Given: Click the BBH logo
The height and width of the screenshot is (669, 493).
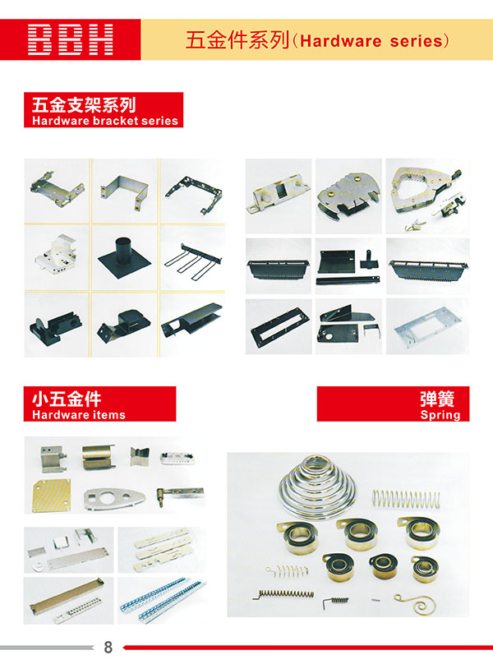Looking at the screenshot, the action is (x=71, y=39).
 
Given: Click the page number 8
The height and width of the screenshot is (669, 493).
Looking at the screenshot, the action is (x=108, y=648).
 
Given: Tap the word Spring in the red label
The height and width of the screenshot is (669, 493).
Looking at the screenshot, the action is (x=440, y=415).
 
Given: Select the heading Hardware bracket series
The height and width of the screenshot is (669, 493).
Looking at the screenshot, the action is (x=105, y=121).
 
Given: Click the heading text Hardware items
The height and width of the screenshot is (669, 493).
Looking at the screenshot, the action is (x=79, y=415).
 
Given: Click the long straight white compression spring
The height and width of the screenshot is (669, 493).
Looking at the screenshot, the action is (x=406, y=499).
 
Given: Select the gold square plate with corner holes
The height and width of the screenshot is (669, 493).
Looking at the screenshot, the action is (x=52, y=495).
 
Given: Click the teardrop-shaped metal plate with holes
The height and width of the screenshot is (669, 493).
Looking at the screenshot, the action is (x=114, y=498).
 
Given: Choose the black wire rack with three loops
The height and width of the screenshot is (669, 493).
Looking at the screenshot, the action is (x=193, y=261).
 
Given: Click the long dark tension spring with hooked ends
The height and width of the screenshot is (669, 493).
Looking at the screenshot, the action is (x=283, y=594).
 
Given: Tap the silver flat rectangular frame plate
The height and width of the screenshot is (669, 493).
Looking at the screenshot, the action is (x=427, y=326).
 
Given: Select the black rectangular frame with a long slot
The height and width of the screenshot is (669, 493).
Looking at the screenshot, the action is (x=279, y=325).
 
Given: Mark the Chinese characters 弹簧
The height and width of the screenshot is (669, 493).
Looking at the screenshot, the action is (x=437, y=399).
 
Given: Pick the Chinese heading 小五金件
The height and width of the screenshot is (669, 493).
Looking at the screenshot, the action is (x=67, y=399).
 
